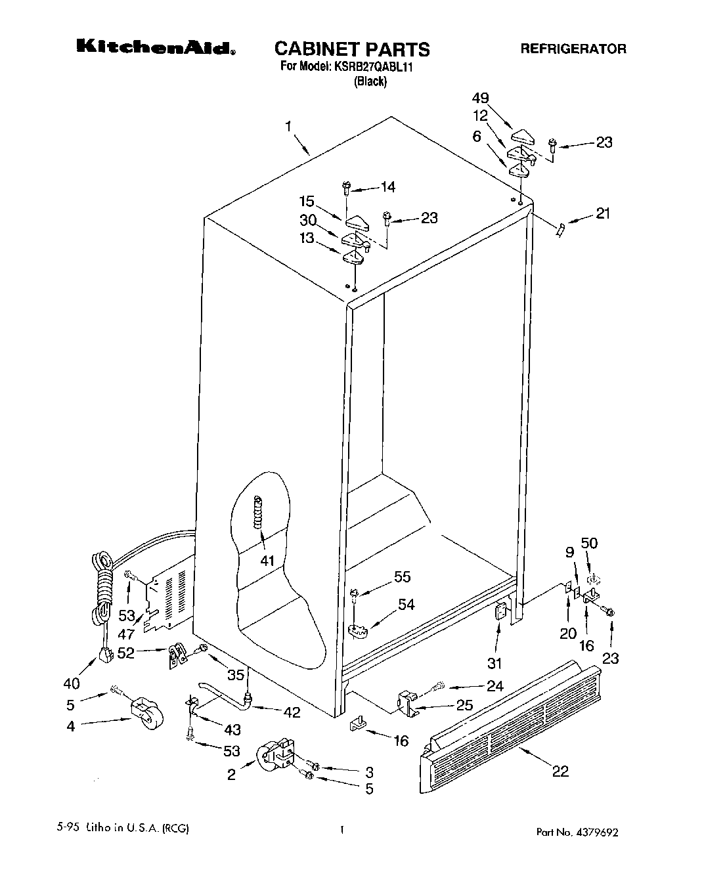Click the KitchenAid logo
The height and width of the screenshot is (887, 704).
click(156, 47)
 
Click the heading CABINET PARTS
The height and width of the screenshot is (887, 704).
click(351, 49)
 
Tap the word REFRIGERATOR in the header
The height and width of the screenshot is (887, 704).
click(573, 49)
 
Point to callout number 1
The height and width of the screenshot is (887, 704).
click(288, 127)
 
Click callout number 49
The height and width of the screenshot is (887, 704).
click(481, 98)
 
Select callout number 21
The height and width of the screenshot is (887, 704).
click(602, 213)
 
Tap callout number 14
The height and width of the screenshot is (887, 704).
click(387, 187)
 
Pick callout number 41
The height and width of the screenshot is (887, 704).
click(267, 561)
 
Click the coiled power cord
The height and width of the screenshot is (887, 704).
click(102, 588)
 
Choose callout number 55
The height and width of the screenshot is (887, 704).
click(402, 576)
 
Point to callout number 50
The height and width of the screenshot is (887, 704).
click(589, 543)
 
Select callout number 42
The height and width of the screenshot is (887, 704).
click(292, 712)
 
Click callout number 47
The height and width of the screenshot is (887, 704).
click(126, 634)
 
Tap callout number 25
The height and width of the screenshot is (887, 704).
click(464, 706)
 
